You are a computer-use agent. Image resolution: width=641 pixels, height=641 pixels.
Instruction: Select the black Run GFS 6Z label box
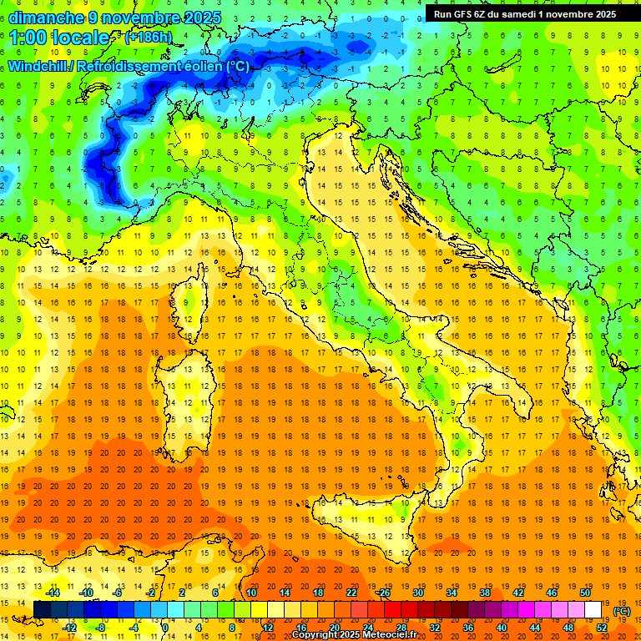click(524, 13)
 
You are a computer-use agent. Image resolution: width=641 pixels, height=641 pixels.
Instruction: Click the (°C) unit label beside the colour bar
click(622, 611)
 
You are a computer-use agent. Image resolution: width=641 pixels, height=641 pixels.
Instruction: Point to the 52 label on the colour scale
click(601, 627)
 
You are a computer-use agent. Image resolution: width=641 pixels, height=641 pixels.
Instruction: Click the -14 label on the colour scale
click(53, 593)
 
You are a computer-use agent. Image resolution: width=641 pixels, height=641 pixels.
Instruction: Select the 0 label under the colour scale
click(165, 627)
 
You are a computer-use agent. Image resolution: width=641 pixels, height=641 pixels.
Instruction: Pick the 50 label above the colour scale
click(585, 593)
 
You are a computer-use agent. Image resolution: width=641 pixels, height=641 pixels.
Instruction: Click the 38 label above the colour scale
click(484, 593)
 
